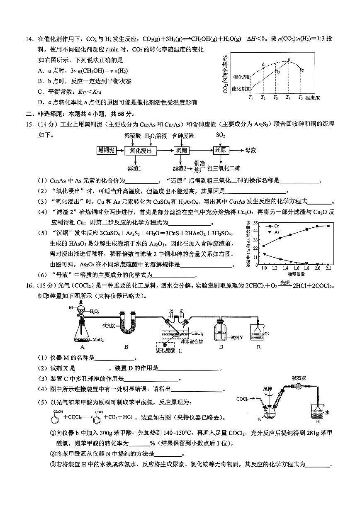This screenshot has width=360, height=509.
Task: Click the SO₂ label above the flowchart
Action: (x=221, y=135)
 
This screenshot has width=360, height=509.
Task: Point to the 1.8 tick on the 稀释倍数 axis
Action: (x=307, y=269)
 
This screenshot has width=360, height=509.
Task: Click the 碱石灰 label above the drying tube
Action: (x=299, y=377)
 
